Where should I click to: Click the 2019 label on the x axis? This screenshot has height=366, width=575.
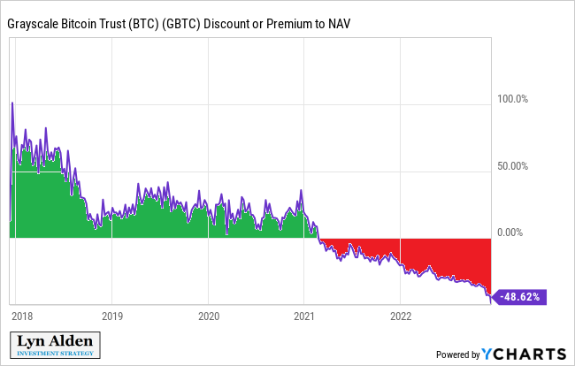click(x=111, y=316)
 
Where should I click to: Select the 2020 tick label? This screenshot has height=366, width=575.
click(x=208, y=316)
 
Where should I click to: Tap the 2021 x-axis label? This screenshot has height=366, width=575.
click(x=304, y=316)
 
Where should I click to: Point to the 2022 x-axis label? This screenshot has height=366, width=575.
click(x=401, y=316)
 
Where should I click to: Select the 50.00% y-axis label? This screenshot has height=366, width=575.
click(x=512, y=165)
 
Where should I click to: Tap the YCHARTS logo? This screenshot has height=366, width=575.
click(x=525, y=354)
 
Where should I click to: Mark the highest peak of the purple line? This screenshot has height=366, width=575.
click(x=11, y=103)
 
